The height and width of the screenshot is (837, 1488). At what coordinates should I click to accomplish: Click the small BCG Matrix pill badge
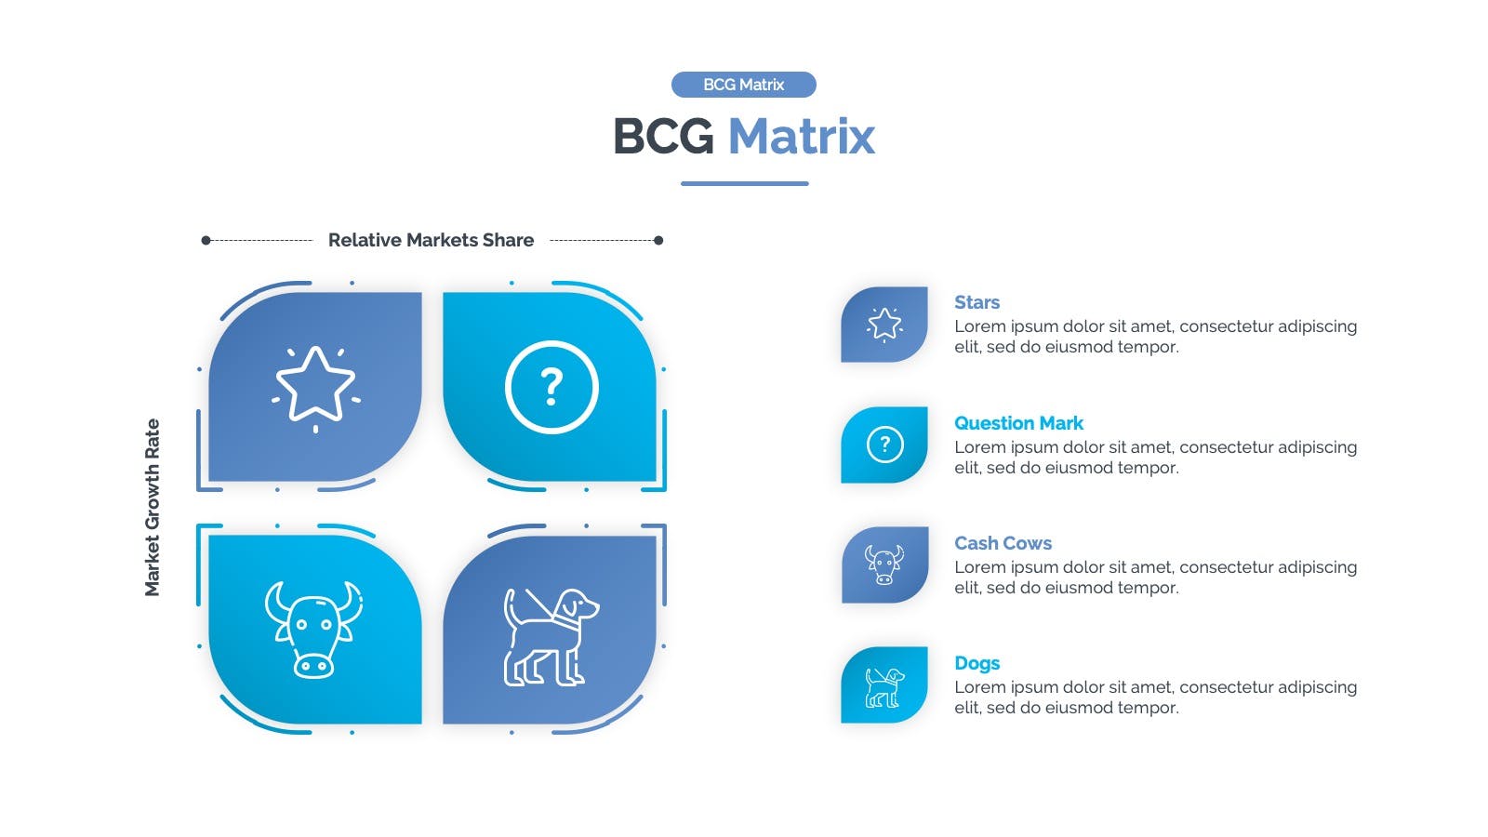click(x=743, y=85)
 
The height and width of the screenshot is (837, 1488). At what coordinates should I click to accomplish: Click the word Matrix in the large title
click(x=801, y=136)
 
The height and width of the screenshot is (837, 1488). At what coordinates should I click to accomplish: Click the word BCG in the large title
click(x=663, y=136)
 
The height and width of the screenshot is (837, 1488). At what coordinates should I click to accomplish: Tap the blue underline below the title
click(x=744, y=183)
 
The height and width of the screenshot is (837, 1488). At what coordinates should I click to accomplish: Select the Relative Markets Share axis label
click(x=431, y=240)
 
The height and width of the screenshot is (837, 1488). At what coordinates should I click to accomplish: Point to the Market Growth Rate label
click(x=153, y=508)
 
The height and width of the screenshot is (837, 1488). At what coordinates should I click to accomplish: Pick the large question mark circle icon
click(x=551, y=387)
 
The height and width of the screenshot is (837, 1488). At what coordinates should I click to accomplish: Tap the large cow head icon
click(x=313, y=630)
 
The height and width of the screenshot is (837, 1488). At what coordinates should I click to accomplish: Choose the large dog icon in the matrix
click(x=551, y=637)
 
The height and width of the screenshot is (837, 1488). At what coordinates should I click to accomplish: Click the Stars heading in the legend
click(x=976, y=302)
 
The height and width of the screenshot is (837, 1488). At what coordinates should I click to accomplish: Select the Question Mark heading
click(x=1018, y=423)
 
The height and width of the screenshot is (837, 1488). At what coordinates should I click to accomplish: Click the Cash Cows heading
click(x=1003, y=543)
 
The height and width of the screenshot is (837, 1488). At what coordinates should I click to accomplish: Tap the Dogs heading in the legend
click(x=976, y=663)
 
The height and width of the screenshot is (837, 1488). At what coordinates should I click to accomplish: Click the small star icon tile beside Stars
click(x=884, y=325)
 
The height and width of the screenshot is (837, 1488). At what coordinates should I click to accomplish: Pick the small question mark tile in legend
click(x=884, y=445)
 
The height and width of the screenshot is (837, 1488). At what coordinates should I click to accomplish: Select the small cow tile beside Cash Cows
click(x=884, y=565)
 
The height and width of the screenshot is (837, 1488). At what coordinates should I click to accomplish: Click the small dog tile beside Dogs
click(x=884, y=684)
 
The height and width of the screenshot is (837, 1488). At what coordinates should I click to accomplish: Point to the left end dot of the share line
click(x=206, y=241)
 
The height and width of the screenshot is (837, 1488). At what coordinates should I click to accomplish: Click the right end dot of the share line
click(x=658, y=241)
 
